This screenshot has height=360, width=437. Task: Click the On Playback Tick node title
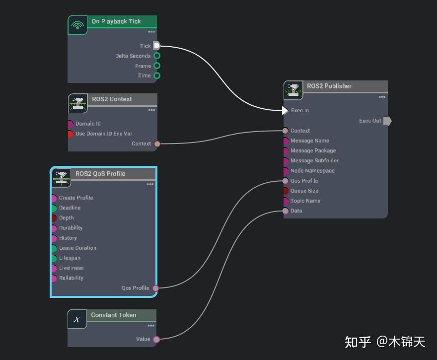116,21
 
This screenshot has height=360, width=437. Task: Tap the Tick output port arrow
157,46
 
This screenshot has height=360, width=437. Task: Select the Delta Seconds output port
157,56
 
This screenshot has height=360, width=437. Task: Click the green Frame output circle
157,66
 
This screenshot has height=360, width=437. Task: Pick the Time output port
157,75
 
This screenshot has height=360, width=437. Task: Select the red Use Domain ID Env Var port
70,134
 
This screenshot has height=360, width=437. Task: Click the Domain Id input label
88,124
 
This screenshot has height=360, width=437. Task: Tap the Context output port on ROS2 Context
157,144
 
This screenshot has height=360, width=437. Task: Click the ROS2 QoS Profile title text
100,174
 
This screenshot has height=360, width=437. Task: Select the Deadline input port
54,208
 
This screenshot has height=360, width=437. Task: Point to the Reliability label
71,278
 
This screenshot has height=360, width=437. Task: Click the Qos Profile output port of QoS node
155,288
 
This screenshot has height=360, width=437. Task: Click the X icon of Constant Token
77,319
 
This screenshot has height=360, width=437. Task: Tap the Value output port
156,340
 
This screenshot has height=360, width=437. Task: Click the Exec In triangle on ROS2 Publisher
285,110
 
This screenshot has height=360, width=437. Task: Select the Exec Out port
387,121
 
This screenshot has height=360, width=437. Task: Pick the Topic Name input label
305,201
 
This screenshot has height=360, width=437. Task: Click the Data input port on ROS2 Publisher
286,211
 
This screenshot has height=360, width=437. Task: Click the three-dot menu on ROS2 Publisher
381,97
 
